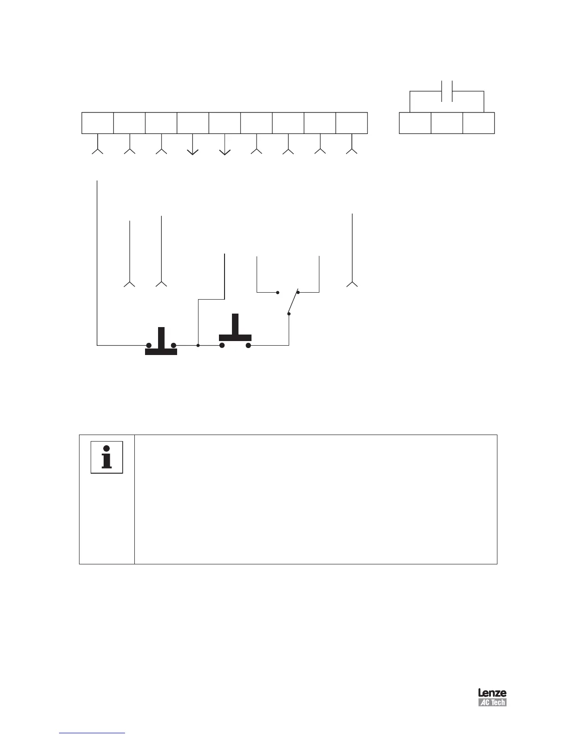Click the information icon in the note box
tap(107, 457)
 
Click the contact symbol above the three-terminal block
tap(446, 92)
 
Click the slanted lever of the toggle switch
tap(293, 303)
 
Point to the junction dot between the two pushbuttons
tap(198, 345)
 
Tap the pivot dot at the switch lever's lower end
tap(289, 314)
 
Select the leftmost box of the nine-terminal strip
tap(98, 123)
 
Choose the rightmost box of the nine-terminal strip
tap(351, 123)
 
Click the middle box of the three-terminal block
tap(447, 123)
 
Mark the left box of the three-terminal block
tap(415, 123)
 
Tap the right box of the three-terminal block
tap(478, 123)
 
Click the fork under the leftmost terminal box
tap(98, 150)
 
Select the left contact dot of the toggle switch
tap(278, 293)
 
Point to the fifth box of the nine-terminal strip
tap(225, 123)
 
